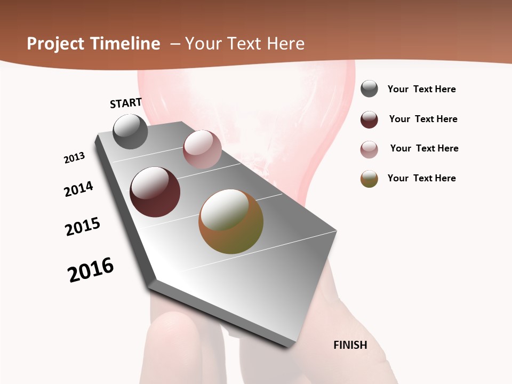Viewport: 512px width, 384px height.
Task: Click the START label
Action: click(x=126, y=103)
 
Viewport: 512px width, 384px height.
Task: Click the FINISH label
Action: click(x=350, y=345)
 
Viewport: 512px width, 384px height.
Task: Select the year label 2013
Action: click(x=74, y=157)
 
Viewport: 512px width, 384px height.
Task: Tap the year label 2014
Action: click(x=78, y=189)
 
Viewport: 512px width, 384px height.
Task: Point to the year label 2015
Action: click(x=83, y=227)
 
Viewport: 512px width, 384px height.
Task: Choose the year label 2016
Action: click(x=91, y=270)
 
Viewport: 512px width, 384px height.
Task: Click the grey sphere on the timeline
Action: click(x=131, y=131)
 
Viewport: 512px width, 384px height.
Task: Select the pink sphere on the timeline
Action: click(x=202, y=149)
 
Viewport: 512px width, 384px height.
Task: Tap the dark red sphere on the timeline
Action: click(x=155, y=192)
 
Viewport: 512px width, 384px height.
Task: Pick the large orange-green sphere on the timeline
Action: click(x=231, y=221)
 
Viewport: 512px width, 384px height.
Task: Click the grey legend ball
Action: click(x=369, y=89)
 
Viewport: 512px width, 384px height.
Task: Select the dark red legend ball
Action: click(x=369, y=119)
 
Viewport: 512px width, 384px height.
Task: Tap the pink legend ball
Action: click(x=369, y=149)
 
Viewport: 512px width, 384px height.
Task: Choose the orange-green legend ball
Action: click(x=369, y=179)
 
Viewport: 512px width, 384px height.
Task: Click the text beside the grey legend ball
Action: click(x=421, y=89)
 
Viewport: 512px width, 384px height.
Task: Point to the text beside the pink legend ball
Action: click(x=424, y=148)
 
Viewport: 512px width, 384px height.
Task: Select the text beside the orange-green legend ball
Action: click(x=421, y=178)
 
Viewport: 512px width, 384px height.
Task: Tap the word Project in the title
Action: click(x=54, y=44)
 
